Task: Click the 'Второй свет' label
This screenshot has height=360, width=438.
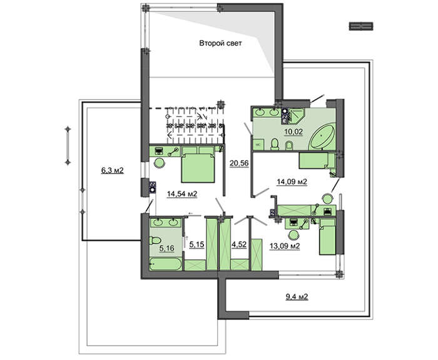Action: pos(220,43)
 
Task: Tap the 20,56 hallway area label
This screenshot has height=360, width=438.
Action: pos(239,163)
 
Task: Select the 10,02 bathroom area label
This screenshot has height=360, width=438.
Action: pos(293,131)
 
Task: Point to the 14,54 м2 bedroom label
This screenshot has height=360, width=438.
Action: pos(182,193)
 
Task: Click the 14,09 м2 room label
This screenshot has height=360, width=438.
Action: pos(292,182)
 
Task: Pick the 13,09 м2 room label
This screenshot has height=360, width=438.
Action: pos(285,246)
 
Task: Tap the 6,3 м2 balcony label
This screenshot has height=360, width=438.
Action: pos(112,170)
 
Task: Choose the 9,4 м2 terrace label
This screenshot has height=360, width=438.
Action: pos(297,296)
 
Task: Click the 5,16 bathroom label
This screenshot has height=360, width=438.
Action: pos(167,248)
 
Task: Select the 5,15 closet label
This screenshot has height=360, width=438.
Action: pos(197,245)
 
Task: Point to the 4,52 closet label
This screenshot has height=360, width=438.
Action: pos(239,245)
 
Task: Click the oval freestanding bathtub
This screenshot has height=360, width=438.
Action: pos(322,137)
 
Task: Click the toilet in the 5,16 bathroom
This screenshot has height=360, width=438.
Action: pos(155,240)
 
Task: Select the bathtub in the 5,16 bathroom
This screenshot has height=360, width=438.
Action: pos(166,264)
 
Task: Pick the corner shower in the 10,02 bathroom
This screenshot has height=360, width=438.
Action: pos(297,116)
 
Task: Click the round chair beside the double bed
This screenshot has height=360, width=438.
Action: pos(160,163)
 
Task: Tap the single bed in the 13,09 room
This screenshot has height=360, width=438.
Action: pos(327,237)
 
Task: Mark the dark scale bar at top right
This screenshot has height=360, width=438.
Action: pos(361,26)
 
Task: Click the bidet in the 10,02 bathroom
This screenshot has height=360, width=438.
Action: pos(289,145)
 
